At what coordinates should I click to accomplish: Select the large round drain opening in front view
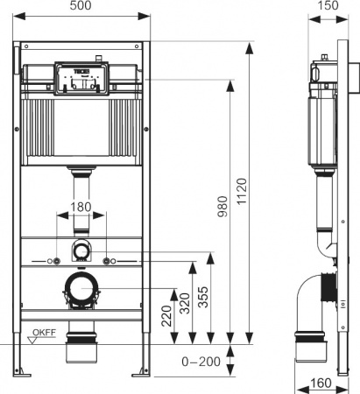[81, 288]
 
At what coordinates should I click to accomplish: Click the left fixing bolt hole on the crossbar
[55, 262]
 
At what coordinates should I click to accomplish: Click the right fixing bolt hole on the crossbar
[108, 262]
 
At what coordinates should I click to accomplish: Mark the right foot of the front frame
[141, 374]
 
